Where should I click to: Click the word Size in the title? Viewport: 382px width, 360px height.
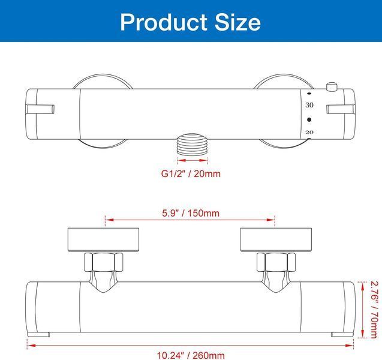click(237, 22)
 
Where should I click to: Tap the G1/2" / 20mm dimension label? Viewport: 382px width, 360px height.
click(191, 174)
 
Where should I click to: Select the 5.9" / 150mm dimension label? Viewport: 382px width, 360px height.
click(191, 213)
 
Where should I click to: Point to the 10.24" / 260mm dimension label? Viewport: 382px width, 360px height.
click(191, 355)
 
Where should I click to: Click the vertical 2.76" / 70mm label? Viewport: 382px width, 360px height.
click(374, 310)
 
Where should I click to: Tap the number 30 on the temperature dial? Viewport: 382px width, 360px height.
click(309, 105)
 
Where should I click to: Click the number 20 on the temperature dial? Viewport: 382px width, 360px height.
click(309, 132)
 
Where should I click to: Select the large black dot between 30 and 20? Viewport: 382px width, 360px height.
click(309, 119)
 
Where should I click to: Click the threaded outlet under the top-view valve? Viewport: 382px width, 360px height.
click(192, 144)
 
